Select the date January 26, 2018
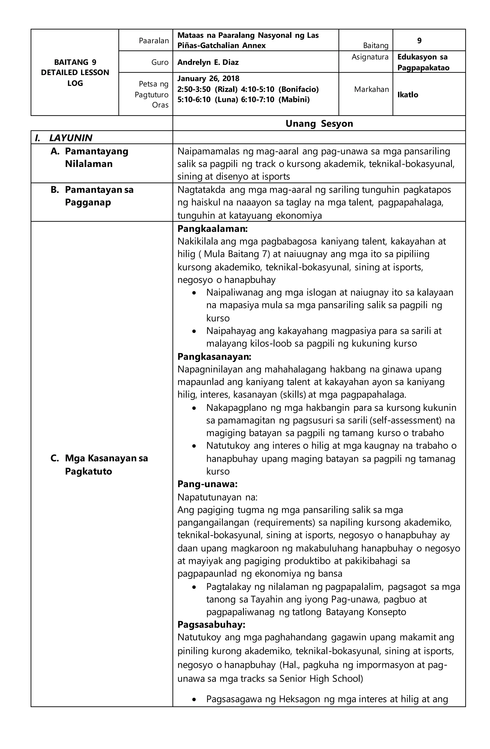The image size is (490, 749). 208,78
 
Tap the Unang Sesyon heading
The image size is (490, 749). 319,123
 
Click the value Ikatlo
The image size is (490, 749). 407,95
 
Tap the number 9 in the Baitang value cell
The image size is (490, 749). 419,41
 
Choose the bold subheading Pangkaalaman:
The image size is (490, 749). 212,229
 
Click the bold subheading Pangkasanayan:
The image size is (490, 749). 214,357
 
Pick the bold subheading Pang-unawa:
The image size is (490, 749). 207,484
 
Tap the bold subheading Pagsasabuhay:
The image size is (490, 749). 211,624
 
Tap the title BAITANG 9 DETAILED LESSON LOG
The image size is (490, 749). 75,72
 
